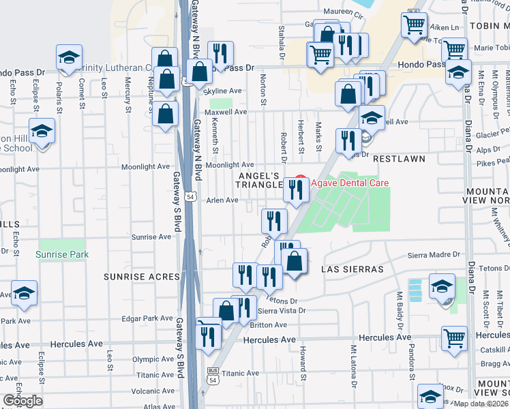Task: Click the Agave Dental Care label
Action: tap(350, 183)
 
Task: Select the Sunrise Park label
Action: tap(62, 254)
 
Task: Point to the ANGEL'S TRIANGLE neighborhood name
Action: tap(260, 180)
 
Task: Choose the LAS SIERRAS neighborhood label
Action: tap(352, 269)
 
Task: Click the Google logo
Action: tap(22, 400)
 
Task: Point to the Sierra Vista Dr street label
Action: tap(282, 311)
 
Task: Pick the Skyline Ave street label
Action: tap(224, 91)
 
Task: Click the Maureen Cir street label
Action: tap(344, 11)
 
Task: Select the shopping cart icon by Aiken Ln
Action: tap(415, 25)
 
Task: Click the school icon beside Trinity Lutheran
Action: tap(68, 59)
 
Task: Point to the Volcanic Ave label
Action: tap(154, 391)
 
